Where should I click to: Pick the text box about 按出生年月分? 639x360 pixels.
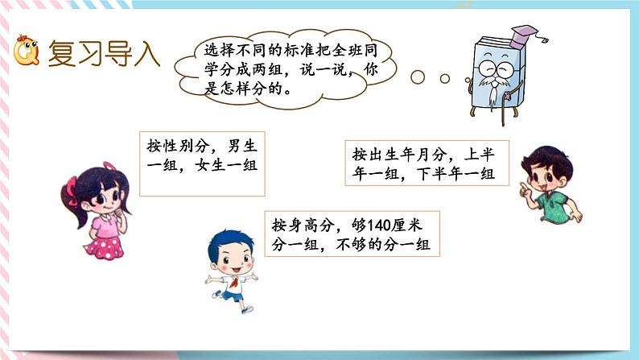pyautogui.click(x=423, y=162)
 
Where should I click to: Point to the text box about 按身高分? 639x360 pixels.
pyautogui.click(x=355, y=234)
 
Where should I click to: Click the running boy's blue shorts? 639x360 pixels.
pyautogui.click(x=232, y=295)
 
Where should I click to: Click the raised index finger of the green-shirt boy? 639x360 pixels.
pyautogui.click(x=515, y=186)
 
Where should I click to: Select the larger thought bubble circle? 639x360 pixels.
pyautogui.click(x=418, y=77)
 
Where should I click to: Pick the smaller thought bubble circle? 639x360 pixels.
pyautogui.click(x=444, y=79)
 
